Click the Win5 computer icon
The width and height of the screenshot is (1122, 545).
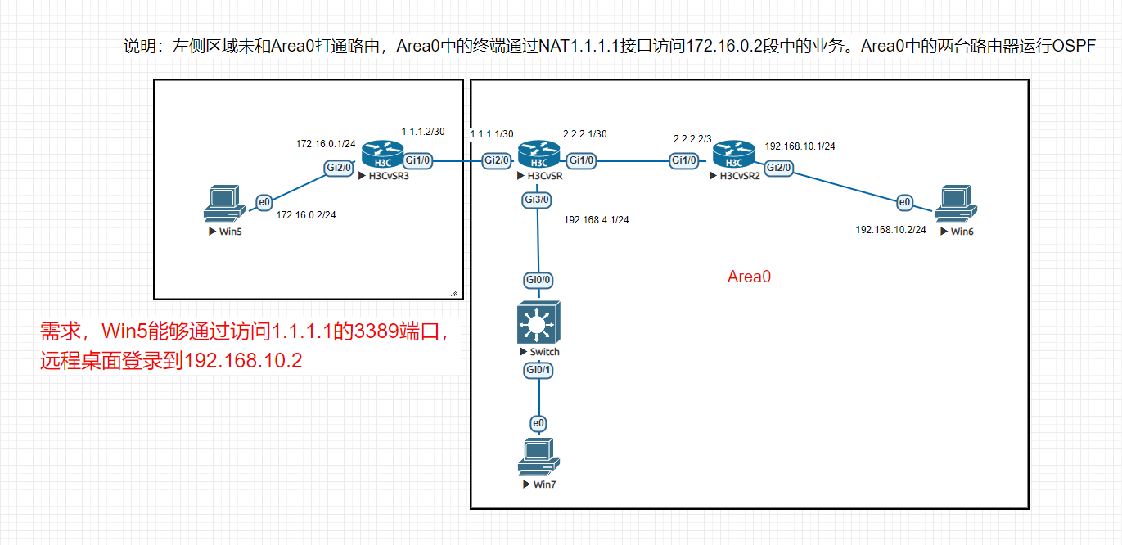(x=221, y=205)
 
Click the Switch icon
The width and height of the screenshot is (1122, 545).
(x=538, y=322)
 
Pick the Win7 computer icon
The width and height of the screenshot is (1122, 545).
(x=538, y=457)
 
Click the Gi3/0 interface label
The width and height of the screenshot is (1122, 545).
(x=538, y=199)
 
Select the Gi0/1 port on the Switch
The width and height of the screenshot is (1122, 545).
(x=538, y=371)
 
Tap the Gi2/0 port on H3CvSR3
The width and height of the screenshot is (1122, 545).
(x=339, y=168)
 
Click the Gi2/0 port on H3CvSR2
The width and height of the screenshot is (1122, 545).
(x=778, y=168)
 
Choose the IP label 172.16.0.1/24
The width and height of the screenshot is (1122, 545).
(x=326, y=144)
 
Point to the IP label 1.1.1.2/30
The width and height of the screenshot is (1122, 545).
(x=423, y=132)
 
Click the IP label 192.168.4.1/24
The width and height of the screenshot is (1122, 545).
(x=596, y=220)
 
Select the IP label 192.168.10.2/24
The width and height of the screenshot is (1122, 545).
(x=890, y=230)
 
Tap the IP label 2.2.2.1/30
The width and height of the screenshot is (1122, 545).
(x=585, y=133)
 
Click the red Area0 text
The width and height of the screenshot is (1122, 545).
(x=749, y=277)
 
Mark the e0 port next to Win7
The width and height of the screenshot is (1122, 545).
(x=538, y=423)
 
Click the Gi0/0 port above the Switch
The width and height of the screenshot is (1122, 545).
(x=538, y=280)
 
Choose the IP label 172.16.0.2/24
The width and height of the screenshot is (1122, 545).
(x=306, y=215)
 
